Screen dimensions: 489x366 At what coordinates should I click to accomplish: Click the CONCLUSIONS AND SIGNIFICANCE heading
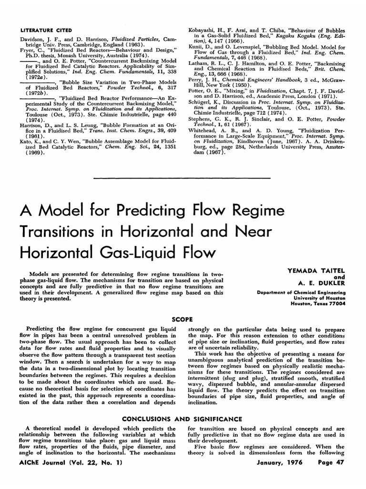[x=183, y=419]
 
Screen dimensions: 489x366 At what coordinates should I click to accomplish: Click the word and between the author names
[x=339, y=277]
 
